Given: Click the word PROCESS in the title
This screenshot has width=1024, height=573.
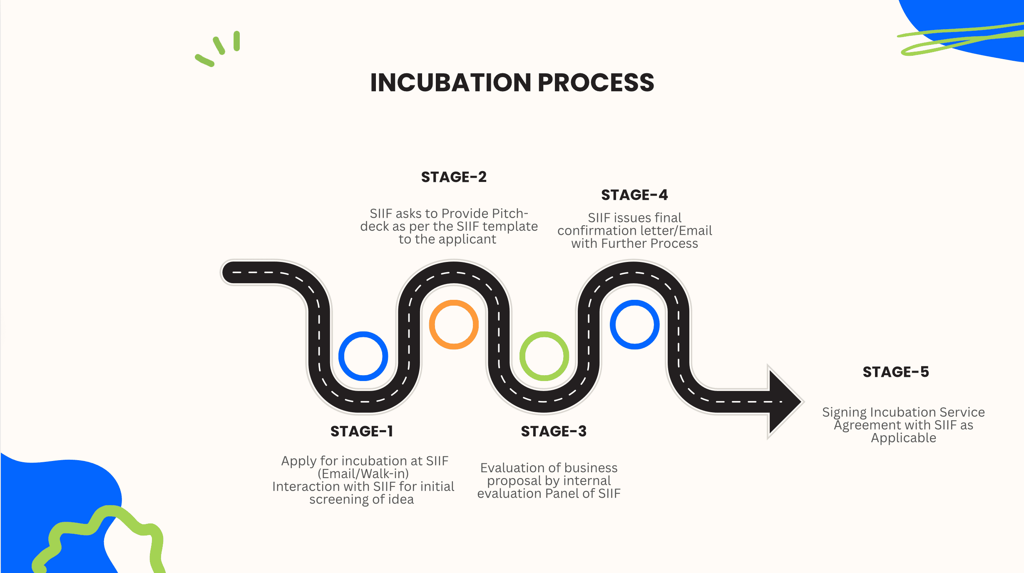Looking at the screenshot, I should click(596, 82).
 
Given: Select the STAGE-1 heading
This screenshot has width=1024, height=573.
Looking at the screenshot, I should click(361, 431).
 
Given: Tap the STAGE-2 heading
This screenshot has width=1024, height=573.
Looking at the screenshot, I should click(454, 177).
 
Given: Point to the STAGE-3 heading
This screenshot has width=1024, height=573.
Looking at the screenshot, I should click(554, 431).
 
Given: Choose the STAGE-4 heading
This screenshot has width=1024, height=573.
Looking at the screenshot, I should click(634, 195).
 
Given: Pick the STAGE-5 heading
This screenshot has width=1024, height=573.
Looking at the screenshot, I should click(896, 372).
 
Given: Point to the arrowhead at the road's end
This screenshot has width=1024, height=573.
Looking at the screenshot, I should click(785, 402).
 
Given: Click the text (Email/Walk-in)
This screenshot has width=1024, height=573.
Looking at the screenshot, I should click(363, 473).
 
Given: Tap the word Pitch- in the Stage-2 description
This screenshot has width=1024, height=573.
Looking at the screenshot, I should click(510, 213).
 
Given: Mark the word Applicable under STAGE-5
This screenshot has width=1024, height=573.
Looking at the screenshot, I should click(903, 438).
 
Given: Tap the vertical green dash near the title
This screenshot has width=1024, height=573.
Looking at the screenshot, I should click(236, 41).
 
